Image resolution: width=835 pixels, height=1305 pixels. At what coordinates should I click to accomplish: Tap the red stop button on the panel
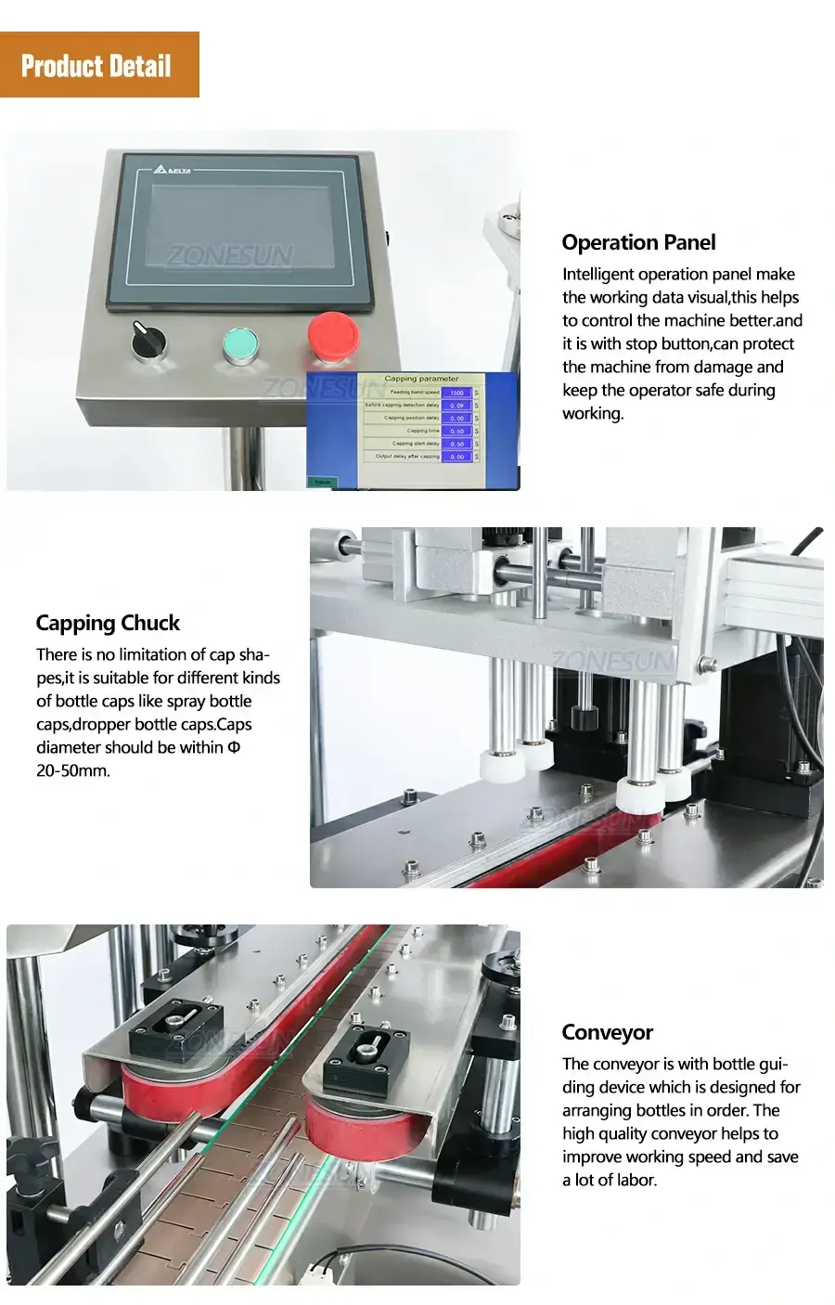332,335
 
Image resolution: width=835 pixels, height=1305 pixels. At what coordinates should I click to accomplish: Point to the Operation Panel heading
638,243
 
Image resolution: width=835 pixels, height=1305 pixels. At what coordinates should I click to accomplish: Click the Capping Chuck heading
108,624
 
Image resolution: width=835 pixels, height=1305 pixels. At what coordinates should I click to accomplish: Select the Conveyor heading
607,1033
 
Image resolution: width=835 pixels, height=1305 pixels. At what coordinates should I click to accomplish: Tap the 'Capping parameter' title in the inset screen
421,379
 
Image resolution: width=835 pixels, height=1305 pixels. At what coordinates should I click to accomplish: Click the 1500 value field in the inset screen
456,393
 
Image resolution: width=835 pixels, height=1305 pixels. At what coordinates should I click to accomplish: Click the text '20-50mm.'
73,771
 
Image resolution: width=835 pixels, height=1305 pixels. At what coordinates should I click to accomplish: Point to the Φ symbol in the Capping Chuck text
234,747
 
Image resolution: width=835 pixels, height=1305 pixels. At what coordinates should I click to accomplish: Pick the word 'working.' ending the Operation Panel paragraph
593,414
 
